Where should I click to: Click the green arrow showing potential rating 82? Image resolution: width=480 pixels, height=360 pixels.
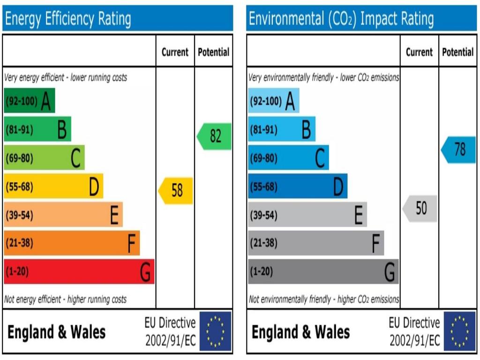click(x=215, y=136)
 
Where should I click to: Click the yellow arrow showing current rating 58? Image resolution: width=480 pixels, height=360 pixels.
click(x=176, y=191)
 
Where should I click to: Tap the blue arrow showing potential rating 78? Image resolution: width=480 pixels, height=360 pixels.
click(x=459, y=150)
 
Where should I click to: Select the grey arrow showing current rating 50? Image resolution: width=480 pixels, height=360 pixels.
click(x=420, y=209)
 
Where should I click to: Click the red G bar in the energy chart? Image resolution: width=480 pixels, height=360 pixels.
click(x=79, y=271)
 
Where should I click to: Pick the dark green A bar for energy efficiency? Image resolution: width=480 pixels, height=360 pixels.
click(x=29, y=101)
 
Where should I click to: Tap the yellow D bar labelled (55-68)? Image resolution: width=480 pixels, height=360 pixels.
click(x=53, y=187)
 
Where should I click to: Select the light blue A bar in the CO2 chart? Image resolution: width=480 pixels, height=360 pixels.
click(x=273, y=101)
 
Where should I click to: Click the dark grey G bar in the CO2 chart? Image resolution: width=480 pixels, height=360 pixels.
click(x=323, y=272)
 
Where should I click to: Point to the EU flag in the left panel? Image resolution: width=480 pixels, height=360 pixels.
click(x=215, y=331)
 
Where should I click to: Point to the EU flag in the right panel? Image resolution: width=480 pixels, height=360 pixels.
click(x=459, y=331)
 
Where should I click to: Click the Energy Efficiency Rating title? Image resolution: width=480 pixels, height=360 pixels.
click(x=68, y=19)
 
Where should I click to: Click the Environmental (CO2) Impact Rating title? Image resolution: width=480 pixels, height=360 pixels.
click(x=341, y=19)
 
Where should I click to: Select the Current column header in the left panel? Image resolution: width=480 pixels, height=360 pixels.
click(x=175, y=52)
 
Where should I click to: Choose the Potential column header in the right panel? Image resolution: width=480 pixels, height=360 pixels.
click(x=457, y=52)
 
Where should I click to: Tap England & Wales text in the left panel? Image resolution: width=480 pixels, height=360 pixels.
click(x=56, y=332)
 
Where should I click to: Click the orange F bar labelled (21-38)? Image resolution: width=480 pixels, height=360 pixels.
click(x=72, y=243)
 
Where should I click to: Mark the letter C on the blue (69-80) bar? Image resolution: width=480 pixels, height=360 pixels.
click(x=320, y=158)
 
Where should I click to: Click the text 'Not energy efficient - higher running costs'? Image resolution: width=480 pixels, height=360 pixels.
click(x=65, y=299)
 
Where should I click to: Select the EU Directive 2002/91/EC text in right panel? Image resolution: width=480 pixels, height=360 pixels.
click(x=414, y=332)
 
